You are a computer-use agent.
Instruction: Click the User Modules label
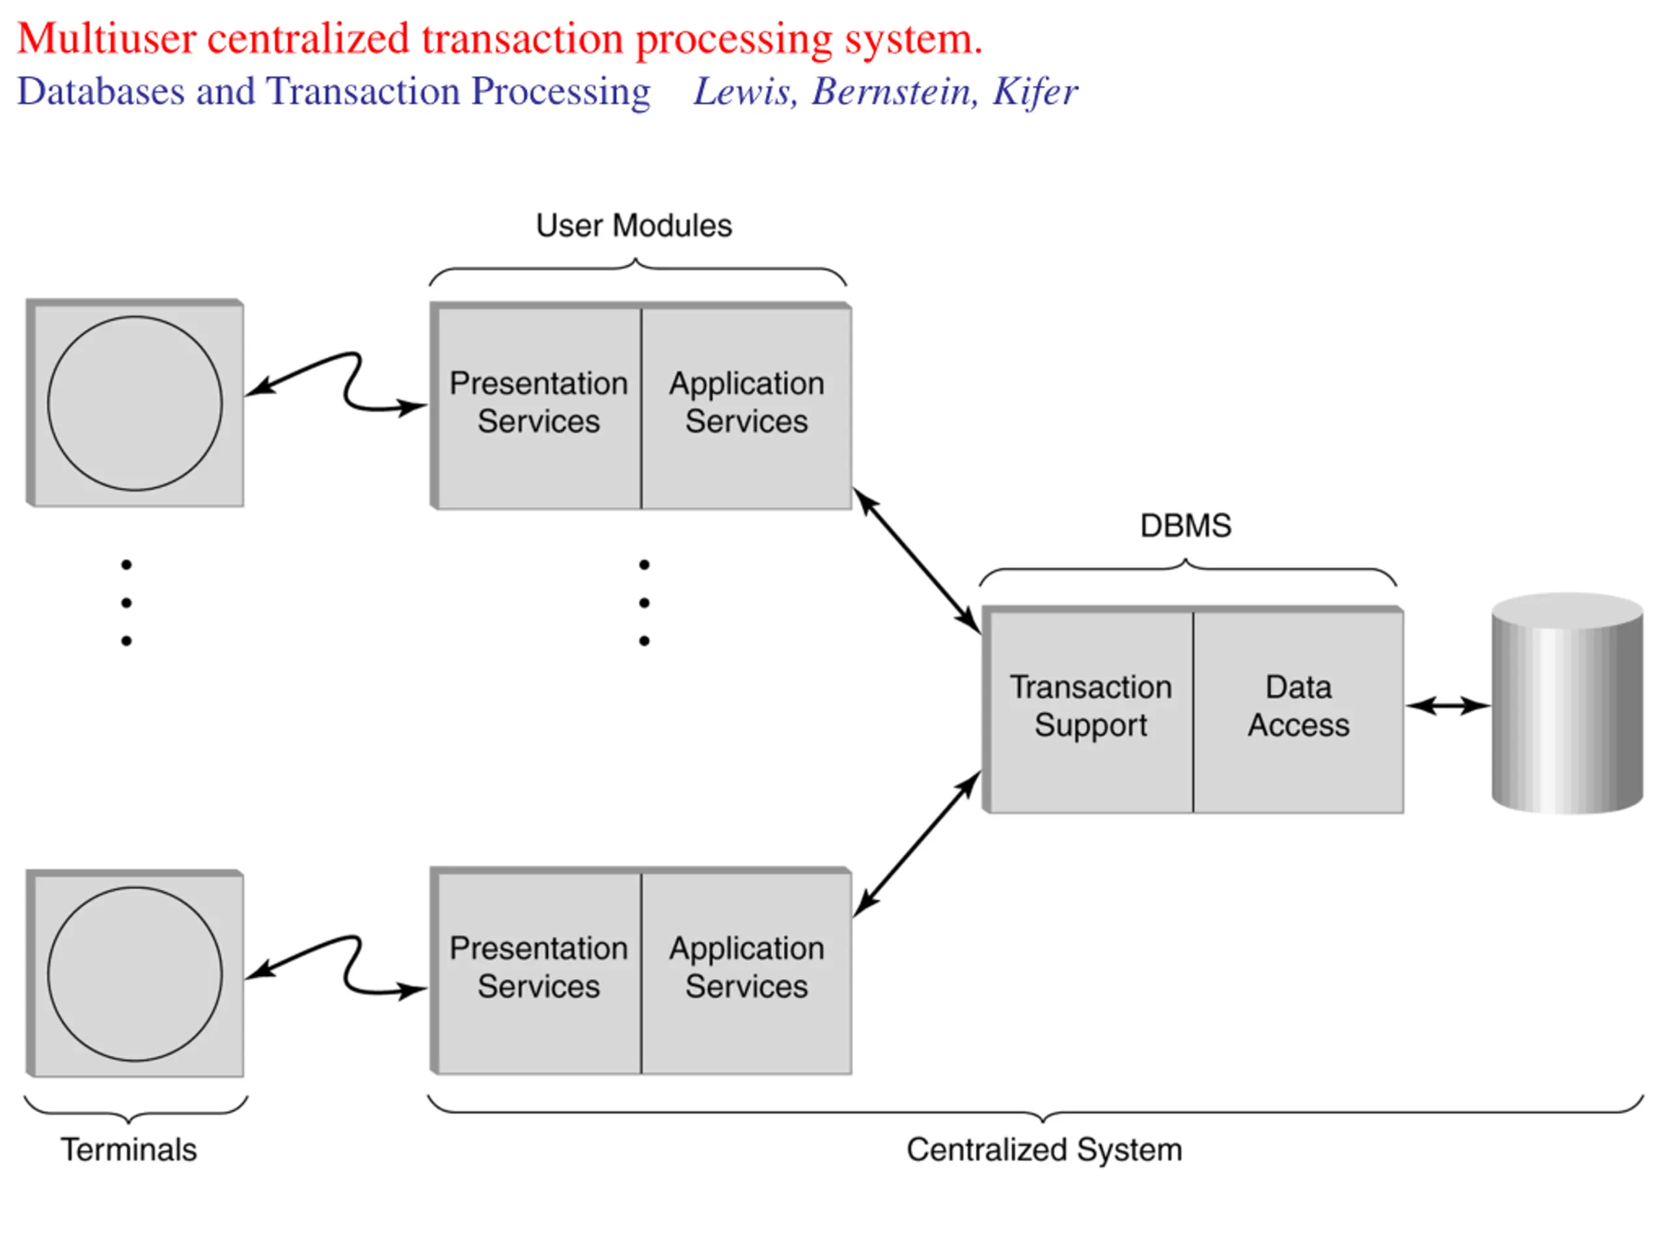(633, 226)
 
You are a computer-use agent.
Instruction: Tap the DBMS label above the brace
(1186, 526)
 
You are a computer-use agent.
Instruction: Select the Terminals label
(129, 1150)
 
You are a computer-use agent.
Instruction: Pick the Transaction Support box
(1088, 709)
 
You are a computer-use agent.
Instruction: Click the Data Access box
(1298, 709)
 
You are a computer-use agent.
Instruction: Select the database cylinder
(1567, 703)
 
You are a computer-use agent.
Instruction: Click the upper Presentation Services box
(536, 406)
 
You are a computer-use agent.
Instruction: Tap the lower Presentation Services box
(536, 971)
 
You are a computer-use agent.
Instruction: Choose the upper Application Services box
(746, 406)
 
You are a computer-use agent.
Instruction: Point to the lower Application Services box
(746, 971)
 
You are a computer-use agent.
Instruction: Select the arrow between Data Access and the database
(1447, 706)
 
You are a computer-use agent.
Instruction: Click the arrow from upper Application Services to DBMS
(916, 561)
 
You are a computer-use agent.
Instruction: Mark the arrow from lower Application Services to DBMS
(916, 844)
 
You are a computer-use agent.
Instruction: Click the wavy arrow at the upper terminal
(349, 384)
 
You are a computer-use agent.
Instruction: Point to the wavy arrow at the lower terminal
(349, 969)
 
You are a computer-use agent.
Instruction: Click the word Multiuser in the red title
(107, 38)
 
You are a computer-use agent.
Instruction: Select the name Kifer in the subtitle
(1035, 92)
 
